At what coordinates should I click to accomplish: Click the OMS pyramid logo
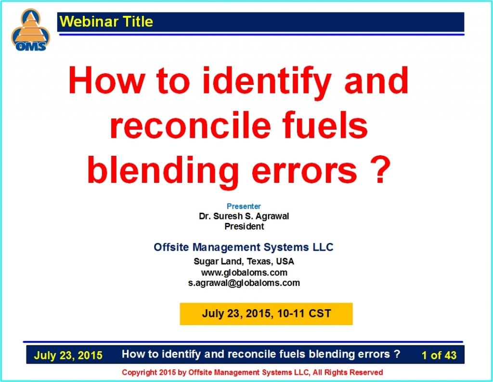[30, 30]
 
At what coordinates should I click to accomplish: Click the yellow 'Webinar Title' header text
[106, 21]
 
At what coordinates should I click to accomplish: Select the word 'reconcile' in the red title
[190, 125]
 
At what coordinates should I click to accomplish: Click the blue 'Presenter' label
[244, 206]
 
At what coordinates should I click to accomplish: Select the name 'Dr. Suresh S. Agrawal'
[244, 216]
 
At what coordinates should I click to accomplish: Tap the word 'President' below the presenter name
[244, 226]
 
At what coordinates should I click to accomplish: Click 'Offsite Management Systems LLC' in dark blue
[243, 247]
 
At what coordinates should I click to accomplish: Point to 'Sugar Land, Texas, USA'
[244, 261]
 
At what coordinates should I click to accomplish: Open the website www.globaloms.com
[244, 273]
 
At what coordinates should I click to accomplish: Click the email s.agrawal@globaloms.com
[244, 283]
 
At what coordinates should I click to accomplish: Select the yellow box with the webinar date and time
[266, 314]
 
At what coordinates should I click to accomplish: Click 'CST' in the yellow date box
[320, 314]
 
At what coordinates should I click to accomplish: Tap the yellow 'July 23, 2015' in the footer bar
[68, 355]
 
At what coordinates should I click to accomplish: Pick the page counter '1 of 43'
[439, 355]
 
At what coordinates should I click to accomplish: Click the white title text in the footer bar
[261, 354]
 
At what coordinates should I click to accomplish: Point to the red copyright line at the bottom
[252, 372]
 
